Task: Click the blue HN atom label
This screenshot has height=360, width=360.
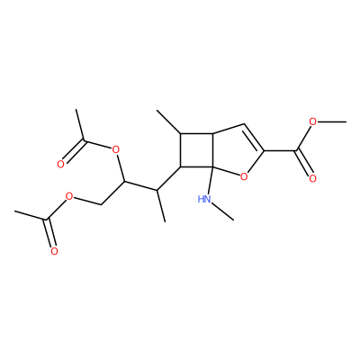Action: click(x=204, y=199)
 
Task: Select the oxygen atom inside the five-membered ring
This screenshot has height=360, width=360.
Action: click(x=244, y=176)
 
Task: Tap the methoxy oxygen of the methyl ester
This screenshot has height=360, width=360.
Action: click(x=313, y=122)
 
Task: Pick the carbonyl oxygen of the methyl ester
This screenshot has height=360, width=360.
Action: click(x=312, y=179)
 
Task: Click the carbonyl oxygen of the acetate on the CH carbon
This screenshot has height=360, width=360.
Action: click(x=60, y=164)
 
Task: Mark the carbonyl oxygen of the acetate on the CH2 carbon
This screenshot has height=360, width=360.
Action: click(x=54, y=251)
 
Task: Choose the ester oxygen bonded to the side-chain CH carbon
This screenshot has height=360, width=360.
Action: click(x=115, y=149)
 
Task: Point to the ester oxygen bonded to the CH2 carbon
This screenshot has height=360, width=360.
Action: click(x=69, y=197)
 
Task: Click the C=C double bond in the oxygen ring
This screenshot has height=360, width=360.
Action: click(x=254, y=138)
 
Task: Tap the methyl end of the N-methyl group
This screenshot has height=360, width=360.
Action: click(x=233, y=220)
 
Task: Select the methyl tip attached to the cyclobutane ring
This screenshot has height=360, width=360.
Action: click(x=157, y=110)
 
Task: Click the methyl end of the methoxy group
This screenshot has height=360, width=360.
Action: click(x=346, y=121)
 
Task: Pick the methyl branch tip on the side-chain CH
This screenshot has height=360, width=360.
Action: click(x=165, y=222)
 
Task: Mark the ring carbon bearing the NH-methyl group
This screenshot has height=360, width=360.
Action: click(x=212, y=166)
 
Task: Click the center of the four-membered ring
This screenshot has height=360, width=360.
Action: click(x=196, y=149)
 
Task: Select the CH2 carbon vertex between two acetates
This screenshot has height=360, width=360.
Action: click(x=102, y=205)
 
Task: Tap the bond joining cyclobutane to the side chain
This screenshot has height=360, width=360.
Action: click(x=168, y=178)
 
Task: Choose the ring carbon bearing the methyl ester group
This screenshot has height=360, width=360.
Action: click(x=264, y=150)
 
